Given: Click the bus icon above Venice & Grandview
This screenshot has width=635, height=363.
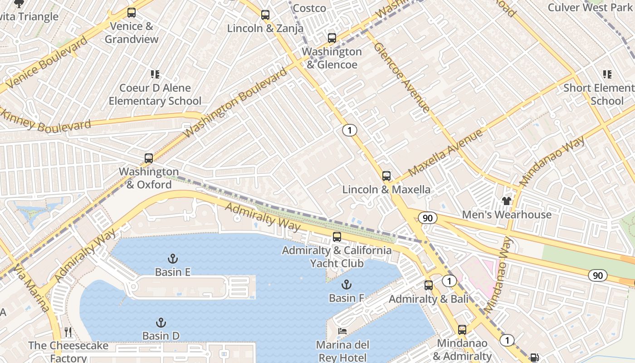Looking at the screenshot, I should (132, 13).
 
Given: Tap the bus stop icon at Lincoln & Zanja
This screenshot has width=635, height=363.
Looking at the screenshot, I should (265, 15).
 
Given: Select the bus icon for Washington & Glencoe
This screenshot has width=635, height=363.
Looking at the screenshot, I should (332, 38).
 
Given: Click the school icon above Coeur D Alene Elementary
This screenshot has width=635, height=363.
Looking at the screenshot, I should (155, 74).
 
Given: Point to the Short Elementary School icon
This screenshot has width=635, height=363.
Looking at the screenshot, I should (607, 74).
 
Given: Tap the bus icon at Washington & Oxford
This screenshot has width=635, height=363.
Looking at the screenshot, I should (149, 158).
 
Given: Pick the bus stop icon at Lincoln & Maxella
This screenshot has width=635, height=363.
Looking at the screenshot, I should (386, 176).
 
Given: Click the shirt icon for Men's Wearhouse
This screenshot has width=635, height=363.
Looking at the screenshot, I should (507, 201).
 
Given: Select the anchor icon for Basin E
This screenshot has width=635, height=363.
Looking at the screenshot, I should (172, 259).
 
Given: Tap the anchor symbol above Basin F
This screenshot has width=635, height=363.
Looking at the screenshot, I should (347, 285).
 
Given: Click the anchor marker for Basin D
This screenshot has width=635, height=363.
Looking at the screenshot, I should (161, 323).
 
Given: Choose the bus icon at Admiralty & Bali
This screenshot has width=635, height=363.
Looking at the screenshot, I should (429, 285).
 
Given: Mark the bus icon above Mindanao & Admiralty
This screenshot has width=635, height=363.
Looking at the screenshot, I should (462, 330).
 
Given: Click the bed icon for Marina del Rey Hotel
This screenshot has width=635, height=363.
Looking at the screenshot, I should (342, 331).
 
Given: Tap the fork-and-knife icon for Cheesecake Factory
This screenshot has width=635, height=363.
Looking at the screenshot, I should (68, 332).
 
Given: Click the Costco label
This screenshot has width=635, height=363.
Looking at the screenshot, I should (309, 8).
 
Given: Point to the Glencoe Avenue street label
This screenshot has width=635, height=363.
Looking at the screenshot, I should (401, 77).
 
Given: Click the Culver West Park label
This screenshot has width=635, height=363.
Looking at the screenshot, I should (590, 7).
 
